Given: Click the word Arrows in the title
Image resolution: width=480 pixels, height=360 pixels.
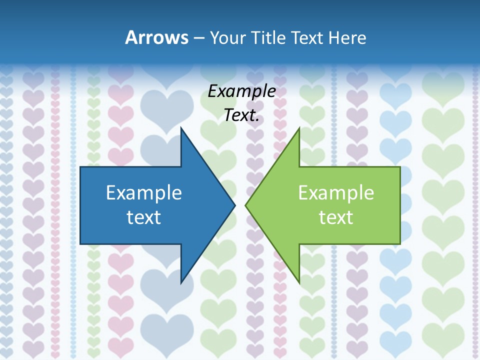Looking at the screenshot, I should [x=156, y=37].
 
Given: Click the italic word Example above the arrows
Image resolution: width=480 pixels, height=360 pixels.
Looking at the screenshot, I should [x=241, y=91].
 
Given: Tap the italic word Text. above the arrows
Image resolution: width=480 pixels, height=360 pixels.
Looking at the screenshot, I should [x=241, y=115].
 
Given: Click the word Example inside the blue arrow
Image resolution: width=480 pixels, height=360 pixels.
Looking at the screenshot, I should [x=144, y=193].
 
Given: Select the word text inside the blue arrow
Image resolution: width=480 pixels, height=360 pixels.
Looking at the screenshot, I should [x=144, y=217].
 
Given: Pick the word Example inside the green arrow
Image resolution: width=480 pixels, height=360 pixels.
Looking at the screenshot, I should [x=336, y=193].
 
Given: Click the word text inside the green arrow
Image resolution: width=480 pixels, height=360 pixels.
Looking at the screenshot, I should [x=336, y=217].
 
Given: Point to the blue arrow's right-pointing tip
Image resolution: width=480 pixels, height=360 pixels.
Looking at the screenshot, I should [x=234, y=205].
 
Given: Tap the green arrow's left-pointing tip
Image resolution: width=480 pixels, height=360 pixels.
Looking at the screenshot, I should [x=245, y=205].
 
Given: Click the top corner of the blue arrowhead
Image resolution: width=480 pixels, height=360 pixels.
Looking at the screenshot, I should [x=181, y=128].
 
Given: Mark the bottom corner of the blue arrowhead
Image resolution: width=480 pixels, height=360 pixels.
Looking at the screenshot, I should [x=181, y=282].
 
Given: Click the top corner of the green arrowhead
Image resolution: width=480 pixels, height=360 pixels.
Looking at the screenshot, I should [x=299, y=128].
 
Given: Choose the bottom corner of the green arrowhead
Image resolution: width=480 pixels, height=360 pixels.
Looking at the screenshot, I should [x=299, y=282].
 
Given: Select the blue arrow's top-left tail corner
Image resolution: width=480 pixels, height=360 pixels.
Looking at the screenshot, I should [x=80, y=167].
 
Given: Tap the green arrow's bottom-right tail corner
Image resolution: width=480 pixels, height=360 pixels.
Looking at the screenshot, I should [x=400, y=243].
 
